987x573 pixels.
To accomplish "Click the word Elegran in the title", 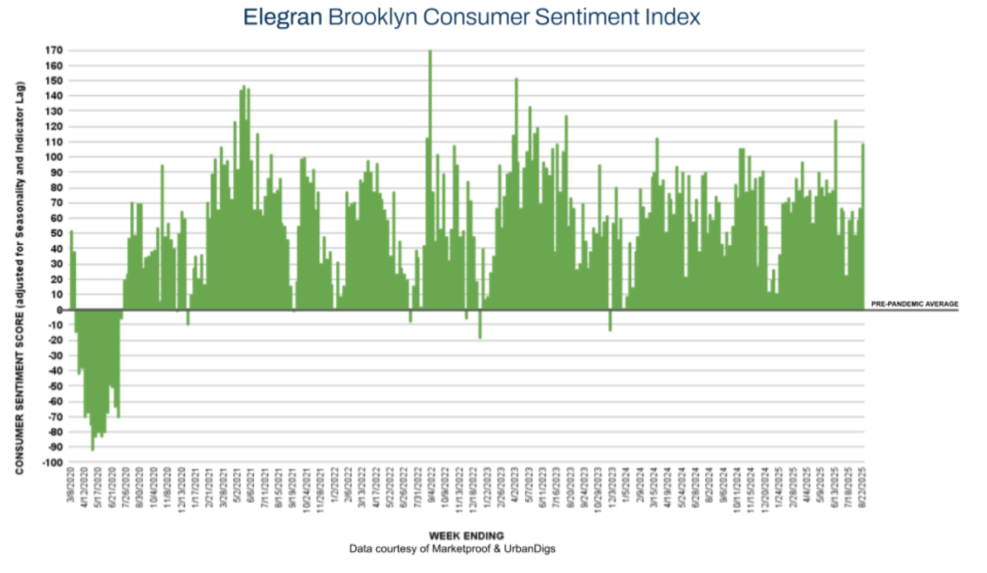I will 282,17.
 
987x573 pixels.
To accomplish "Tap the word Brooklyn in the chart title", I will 372,17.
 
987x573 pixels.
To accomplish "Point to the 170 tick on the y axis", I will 54,51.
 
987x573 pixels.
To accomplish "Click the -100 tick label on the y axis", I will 52,463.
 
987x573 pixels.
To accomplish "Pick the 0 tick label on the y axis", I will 60,310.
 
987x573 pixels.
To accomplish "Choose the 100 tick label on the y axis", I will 54,157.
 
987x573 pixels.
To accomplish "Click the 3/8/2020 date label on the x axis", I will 71,484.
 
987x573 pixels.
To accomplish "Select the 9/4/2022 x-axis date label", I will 431,484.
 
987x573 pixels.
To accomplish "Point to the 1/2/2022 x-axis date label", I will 335,484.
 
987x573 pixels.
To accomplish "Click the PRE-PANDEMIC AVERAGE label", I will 915,304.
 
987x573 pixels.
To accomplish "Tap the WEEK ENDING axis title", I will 466,536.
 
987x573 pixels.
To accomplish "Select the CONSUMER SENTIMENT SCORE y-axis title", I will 20,279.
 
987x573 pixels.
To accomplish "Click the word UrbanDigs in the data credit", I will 530,549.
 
